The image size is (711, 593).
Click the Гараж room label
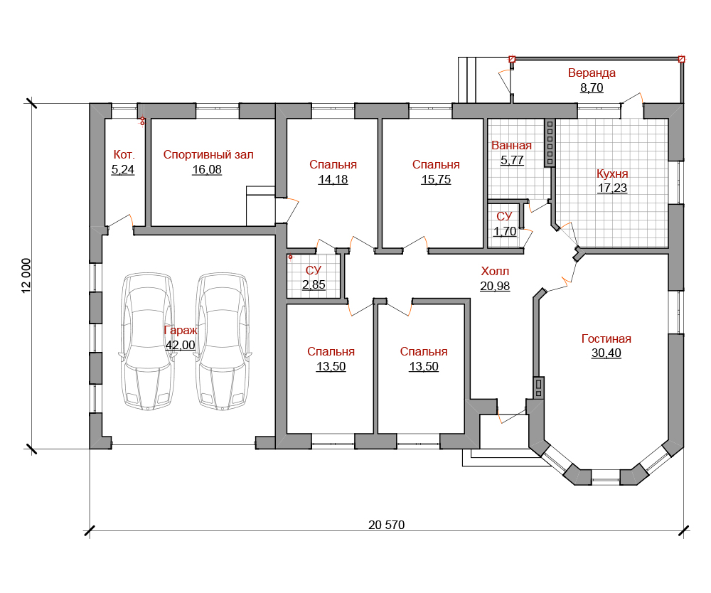pos(181,330)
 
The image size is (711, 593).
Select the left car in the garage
pos(147,341)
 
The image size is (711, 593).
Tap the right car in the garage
pos(222,341)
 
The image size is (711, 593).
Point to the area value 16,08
pos(207,169)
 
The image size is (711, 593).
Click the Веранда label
pos(592,73)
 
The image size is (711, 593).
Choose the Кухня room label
pos(612,173)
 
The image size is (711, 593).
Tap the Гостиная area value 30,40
pos(606,353)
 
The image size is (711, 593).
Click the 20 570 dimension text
pos(386,525)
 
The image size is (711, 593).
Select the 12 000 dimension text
pos(26,276)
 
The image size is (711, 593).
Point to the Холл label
pos(495,272)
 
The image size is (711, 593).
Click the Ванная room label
pos(511,146)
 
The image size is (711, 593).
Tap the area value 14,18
pos(333,179)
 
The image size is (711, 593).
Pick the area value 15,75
pos(436,179)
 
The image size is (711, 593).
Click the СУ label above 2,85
pos(314,270)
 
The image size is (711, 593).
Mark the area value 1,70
pos(505,231)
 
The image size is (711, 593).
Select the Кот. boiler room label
pos(124,154)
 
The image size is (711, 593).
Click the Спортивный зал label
pos(208,154)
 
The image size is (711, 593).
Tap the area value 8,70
pos(592,87)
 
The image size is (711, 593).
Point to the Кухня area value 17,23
pos(612,188)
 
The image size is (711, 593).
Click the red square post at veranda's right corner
pos(681,59)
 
